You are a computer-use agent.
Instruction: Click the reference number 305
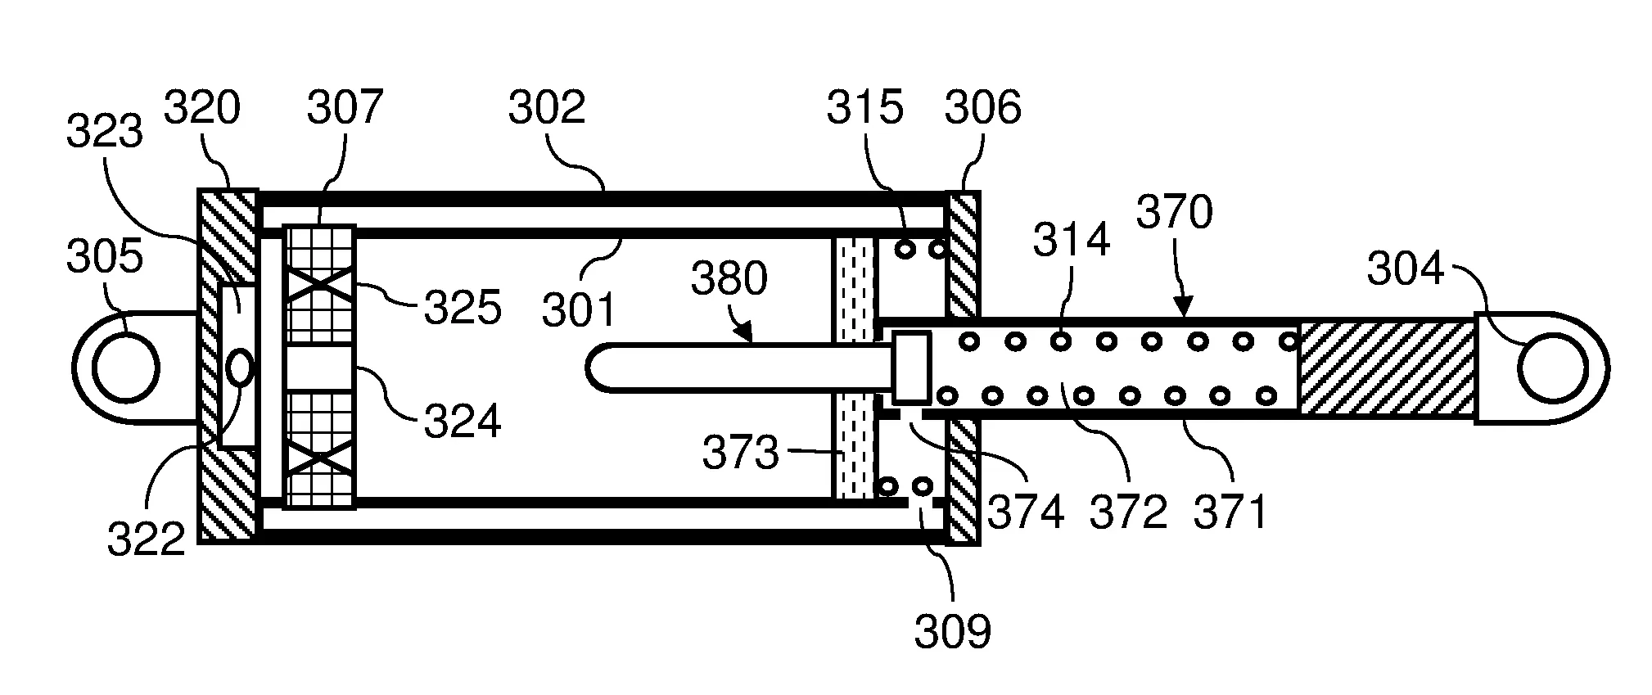105,256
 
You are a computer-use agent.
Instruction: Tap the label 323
105,131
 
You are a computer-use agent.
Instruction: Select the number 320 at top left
202,107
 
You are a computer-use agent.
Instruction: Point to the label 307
345,107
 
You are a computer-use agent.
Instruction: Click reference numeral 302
547,107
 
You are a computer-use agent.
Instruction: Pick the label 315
864,107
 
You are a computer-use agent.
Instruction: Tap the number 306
982,107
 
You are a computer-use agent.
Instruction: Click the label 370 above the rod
1175,213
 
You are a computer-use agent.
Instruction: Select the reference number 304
1406,269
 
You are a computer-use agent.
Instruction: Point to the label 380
729,278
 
